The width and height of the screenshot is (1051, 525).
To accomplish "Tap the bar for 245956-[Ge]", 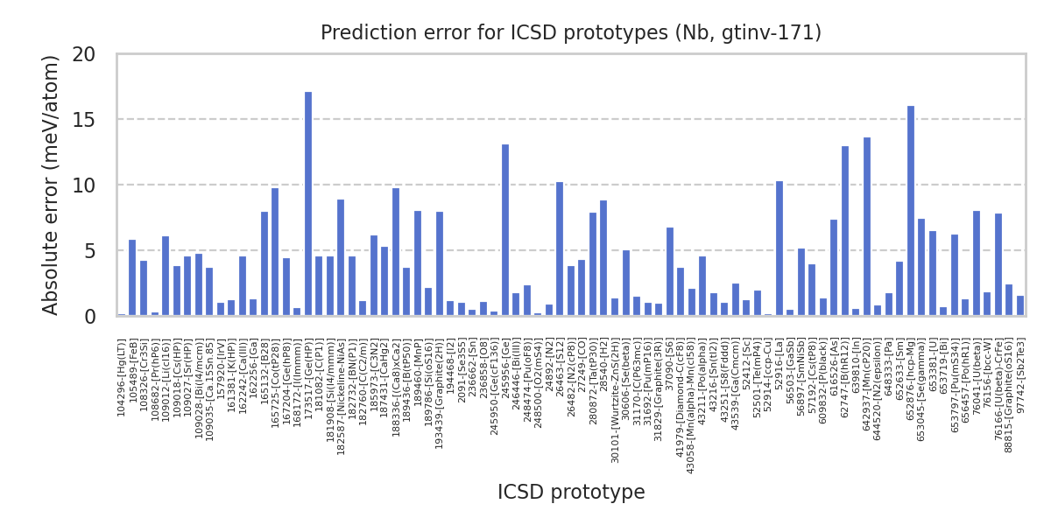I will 505,230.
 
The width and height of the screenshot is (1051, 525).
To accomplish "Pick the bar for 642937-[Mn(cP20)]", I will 867,227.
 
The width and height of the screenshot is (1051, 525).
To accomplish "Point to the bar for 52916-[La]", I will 779,248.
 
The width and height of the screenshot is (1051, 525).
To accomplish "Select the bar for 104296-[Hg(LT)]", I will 122,314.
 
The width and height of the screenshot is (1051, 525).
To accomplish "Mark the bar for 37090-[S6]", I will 670,272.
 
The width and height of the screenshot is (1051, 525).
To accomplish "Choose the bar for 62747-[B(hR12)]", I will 845,231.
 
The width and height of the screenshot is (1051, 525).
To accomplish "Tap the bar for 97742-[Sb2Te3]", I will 1020,306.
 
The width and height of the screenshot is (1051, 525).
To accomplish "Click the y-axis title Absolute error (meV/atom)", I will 51,185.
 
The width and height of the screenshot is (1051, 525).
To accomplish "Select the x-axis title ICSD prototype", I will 571,493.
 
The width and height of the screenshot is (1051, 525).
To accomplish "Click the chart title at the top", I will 571,33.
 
